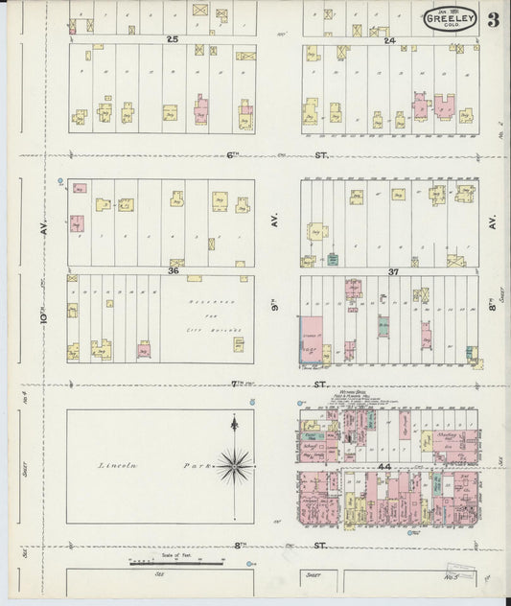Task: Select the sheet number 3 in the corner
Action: (x=492, y=20)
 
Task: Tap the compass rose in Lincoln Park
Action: (x=234, y=466)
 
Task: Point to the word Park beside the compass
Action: (x=193, y=466)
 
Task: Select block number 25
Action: (x=173, y=39)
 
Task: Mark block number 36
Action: (x=174, y=271)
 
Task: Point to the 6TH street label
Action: (x=233, y=154)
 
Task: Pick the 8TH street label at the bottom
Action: (x=239, y=545)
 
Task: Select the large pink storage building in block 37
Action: (x=313, y=339)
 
